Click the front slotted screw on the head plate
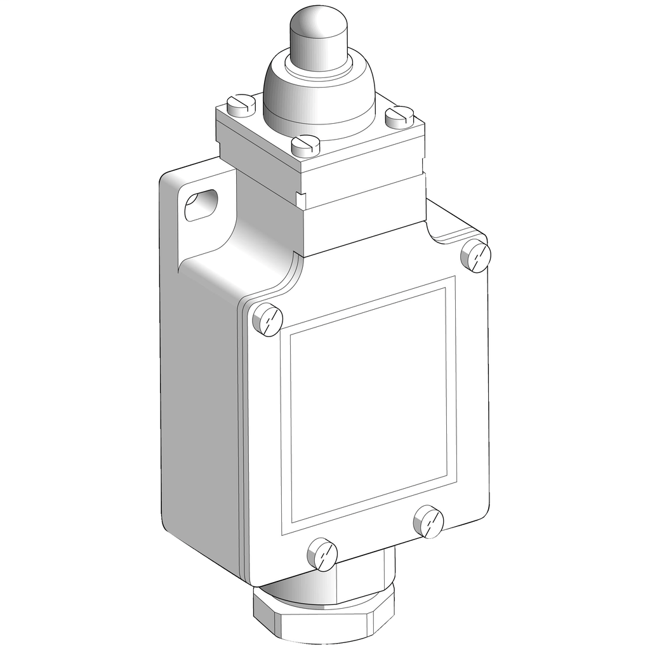click(x=305, y=145)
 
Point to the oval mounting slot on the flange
click(x=200, y=206)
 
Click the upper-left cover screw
click(x=267, y=319)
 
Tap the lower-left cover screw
click(x=322, y=554)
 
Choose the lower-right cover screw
click(x=428, y=521)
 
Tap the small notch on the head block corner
click(x=300, y=199)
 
